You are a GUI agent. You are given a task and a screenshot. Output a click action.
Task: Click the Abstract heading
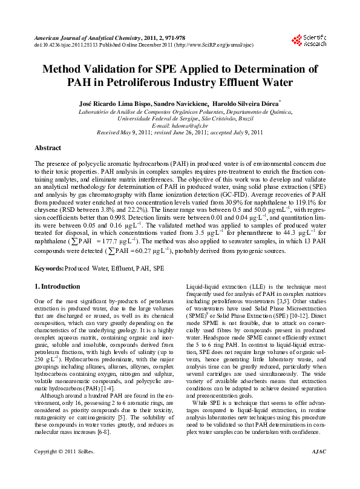[48, 148]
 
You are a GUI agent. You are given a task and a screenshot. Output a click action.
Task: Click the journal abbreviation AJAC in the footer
[319, 468]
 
